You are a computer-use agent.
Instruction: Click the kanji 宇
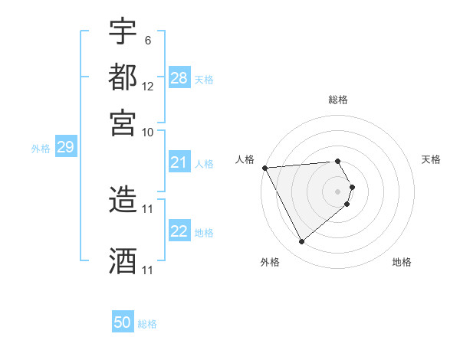tap(123, 33)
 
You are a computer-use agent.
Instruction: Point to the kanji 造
tap(123, 198)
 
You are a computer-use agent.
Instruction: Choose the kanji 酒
tap(123, 260)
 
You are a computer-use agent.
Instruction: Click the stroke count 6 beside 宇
tap(147, 40)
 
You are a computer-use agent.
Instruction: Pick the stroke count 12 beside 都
tap(148, 86)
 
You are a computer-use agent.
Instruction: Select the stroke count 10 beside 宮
tap(148, 131)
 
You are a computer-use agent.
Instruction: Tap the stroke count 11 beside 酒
tap(148, 270)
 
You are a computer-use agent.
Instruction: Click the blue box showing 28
tap(179, 77)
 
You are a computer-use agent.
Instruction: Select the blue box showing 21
tap(179, 162)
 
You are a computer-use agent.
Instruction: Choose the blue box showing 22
tap(179, 232)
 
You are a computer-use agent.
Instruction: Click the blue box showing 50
tap(123, 322)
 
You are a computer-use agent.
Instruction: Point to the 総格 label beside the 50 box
tap(147, 324)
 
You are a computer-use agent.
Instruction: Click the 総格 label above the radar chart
tap(338, 100)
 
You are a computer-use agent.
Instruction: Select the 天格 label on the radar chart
tap(431, 159)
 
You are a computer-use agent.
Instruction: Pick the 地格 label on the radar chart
tap(402, 262)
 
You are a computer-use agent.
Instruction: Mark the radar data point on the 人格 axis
tap(264, 168)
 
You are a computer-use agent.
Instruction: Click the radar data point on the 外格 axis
tap(301, 242)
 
